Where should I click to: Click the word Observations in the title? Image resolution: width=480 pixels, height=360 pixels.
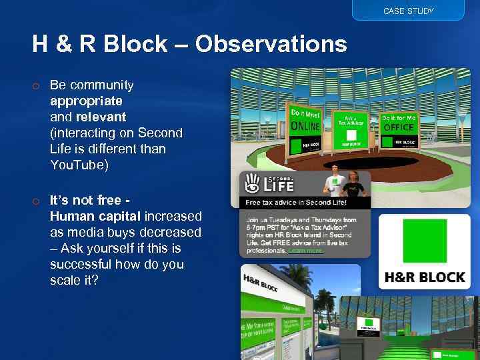pos(271,44)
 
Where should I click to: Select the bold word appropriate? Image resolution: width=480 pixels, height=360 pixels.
pos(86,101)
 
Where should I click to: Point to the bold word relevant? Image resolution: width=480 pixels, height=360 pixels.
pos(101,117)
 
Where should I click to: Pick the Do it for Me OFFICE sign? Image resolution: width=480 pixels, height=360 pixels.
pos(398,130)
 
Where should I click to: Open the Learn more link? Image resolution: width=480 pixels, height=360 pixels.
pos(305,251)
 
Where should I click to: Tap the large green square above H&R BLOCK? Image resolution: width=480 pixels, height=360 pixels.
pos(424,243)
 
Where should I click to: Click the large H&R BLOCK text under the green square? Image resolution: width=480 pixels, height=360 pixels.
pos(424,277)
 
